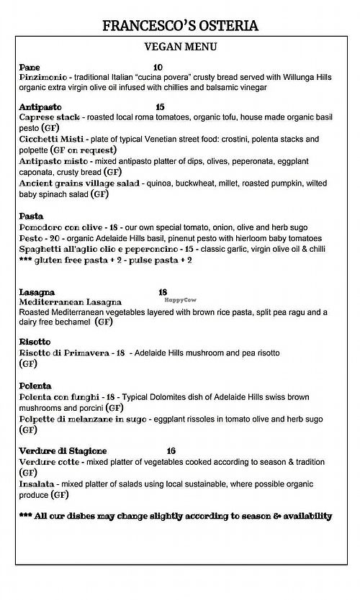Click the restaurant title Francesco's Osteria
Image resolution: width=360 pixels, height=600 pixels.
[x=180, y=27]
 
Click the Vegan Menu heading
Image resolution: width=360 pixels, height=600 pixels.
[x=180, y=48]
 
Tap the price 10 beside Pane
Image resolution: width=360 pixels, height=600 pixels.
[x=158, y=67]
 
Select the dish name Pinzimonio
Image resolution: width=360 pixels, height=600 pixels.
[x=42, y=76]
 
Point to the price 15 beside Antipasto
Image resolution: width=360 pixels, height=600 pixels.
[x=159, y=106]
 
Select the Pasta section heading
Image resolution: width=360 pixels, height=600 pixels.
[x=31, y=216]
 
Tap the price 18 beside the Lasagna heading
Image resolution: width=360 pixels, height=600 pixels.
[x=162, y=292]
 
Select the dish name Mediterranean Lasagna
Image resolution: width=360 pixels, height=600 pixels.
[x=70, y=302]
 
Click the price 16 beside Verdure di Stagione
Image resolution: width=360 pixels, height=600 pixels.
[x=171, y=450]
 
